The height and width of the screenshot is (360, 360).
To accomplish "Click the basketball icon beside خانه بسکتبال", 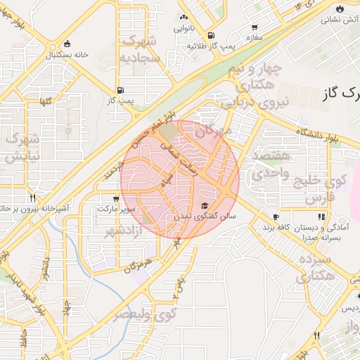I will coord(67,43).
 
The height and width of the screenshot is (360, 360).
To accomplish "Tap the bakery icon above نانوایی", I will coord(184,18).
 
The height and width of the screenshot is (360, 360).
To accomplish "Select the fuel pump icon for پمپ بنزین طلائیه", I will coord(210,35).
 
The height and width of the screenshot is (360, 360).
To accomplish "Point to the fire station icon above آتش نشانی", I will coord(341,8).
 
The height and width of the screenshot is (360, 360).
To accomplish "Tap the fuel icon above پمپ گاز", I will coord(122,90).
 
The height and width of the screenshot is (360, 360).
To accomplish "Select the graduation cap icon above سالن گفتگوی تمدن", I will coord(205,205).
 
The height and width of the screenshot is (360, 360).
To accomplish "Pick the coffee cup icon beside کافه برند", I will coord(276,217).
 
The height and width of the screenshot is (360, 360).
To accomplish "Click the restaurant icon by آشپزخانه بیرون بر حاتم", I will coord(32,198).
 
